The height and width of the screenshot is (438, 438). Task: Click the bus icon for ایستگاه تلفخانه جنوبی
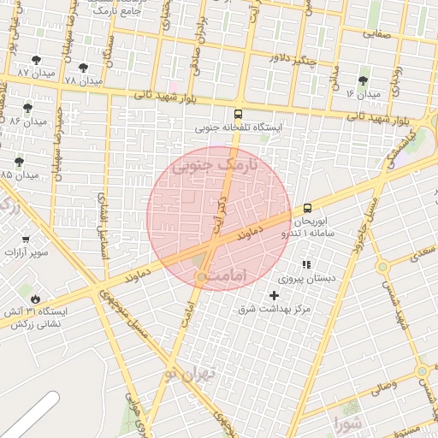(238, 114)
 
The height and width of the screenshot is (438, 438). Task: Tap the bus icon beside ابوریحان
(307, 207)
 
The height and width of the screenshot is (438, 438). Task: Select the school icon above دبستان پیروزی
(307, 264)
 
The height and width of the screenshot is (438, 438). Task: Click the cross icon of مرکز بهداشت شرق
(274, 295)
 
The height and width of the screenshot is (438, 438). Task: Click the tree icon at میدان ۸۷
(35, 60)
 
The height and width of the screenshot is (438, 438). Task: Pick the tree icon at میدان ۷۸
(83, 67)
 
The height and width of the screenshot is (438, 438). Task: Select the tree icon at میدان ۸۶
(28, 108)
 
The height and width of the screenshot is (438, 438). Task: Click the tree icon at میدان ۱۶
(364, 80)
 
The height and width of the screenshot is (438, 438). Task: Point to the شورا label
(349, 421)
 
